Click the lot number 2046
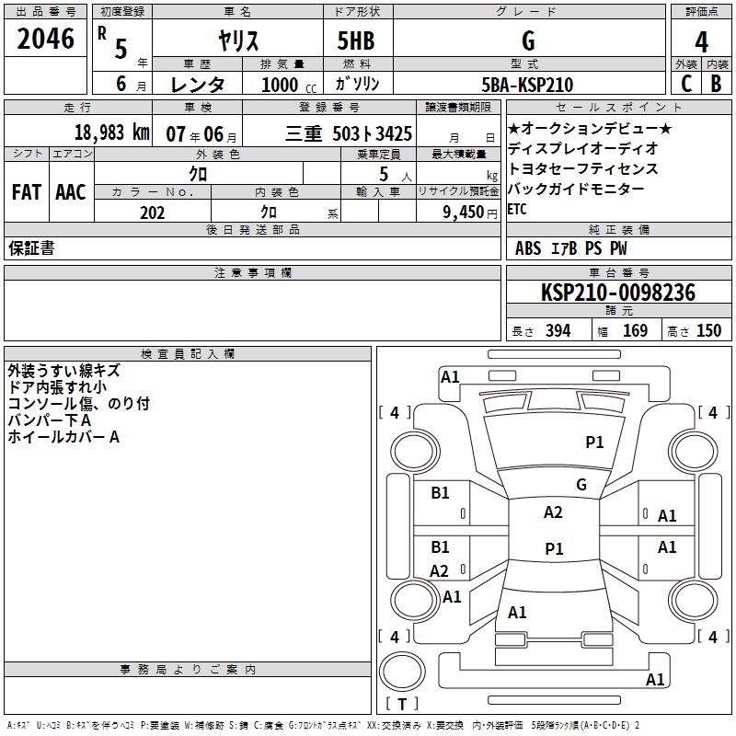pos(46,39)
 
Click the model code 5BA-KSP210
pos(528,85)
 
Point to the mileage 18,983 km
pos(111,132)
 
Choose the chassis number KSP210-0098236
pos(617,293)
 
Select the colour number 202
pos(152,213)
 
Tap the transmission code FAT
pos(27,192)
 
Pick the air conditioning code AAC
pos(71,192)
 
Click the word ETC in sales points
pos(518,209)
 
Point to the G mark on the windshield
pos(581,484)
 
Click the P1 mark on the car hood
pos(594,443)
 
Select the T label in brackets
pos(402,705)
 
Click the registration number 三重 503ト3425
pos(349,133)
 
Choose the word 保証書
pos(31,248)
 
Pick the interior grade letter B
pos(716,84)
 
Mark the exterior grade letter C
pos(685,84)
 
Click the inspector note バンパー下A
pos(50,420)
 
